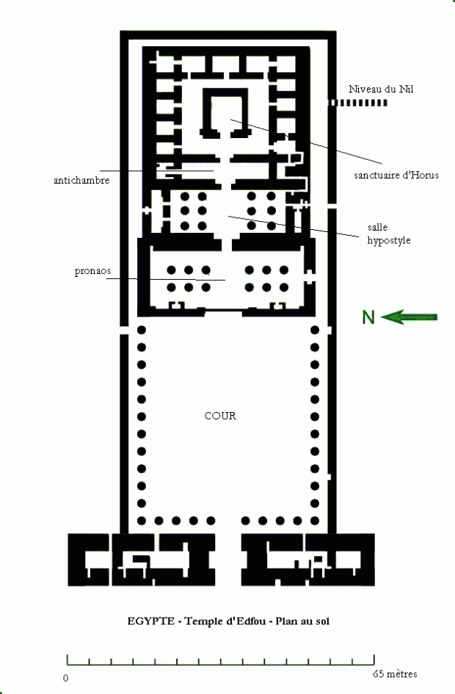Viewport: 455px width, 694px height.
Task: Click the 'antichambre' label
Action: click(81, 180)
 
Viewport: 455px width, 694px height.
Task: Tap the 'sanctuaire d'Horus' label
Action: click(396, 175)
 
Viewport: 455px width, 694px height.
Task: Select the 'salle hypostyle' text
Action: click(388, 234)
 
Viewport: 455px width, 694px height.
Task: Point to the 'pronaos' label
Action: click(92, 271)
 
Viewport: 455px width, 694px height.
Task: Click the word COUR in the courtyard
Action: click(220, 416)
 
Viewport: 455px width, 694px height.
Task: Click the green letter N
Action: click(368, 317)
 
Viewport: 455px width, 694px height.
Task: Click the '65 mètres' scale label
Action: click(395, 673)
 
